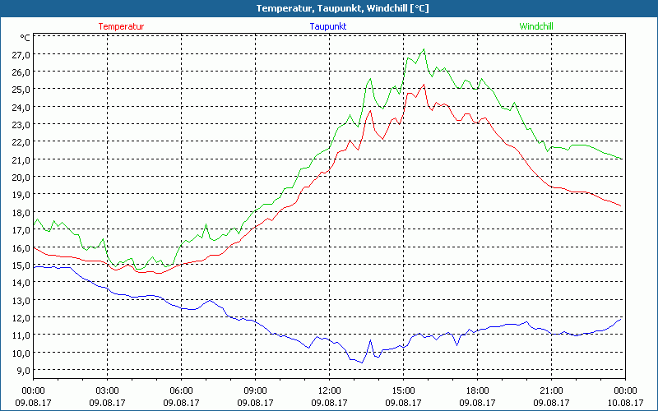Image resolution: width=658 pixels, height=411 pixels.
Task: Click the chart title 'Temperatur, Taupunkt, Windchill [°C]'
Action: (x=329, y=8)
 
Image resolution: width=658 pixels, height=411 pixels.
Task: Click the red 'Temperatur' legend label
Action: (x=121, y=26)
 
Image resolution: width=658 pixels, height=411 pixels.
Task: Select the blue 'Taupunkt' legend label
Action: (x=327, y=26)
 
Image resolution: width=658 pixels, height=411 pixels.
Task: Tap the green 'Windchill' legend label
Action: (x=535, y=26)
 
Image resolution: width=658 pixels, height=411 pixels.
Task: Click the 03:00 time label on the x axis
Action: (x=108, y=390)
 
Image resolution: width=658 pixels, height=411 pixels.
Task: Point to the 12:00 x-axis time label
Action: (x=330, y=390)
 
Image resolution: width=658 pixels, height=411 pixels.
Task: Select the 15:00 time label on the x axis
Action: (x=404, y=390)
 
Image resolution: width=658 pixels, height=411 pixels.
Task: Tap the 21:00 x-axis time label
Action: (x=552, y=390)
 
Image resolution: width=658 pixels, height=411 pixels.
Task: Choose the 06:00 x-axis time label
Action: (x=182, y=390)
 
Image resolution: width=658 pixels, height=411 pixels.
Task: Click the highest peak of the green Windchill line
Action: (x=424, y=49)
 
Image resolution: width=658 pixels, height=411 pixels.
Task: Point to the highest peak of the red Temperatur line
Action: (x=424, y=85)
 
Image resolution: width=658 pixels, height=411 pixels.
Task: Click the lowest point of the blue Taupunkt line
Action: (x=362, y=363)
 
